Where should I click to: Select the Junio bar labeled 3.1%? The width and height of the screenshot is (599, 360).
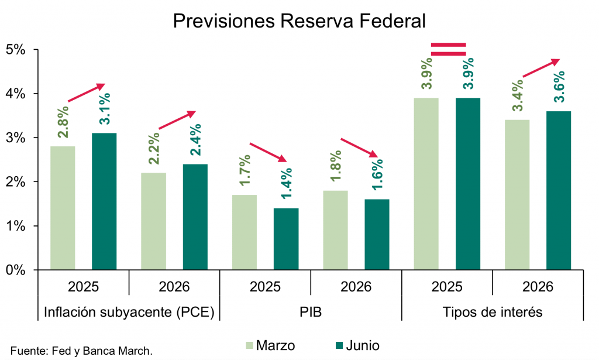(x=104, y=201)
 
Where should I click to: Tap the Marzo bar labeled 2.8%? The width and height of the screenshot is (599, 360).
(x=63, y=208)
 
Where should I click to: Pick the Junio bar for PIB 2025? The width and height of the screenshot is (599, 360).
(x=286, y=239)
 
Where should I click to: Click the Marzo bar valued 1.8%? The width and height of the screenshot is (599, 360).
(x=335, y=230)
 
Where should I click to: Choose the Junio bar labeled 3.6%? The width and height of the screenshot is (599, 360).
(x=559, y=190)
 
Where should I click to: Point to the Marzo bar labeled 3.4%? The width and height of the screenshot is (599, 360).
(x=517, y=195)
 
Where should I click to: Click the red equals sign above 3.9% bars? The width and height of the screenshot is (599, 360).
(x=448, y=49)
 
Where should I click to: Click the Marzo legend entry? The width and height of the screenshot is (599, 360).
(x=268, y=345)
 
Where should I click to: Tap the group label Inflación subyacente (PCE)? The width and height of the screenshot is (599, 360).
(x=129, y=312)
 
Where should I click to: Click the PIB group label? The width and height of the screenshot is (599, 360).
(x=311, y=312)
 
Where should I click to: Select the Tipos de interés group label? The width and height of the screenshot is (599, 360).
(x=493, y=312)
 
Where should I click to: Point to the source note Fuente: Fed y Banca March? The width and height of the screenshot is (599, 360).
(x=81, y=351)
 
